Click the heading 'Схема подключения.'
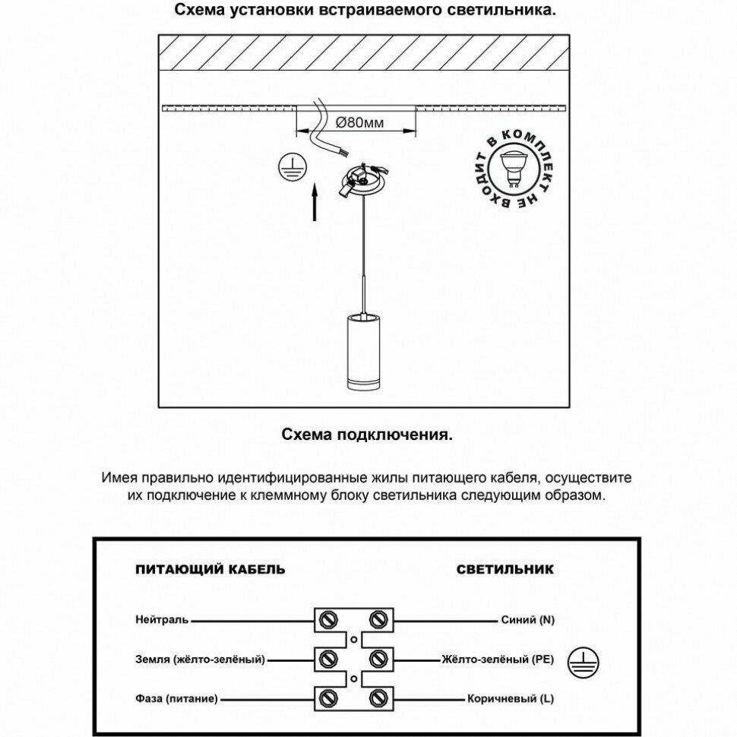pos(368,435)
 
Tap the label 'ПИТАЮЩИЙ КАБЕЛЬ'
pos(210,569)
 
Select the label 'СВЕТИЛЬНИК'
pos(505,569)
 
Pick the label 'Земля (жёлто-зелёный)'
pos(201,659)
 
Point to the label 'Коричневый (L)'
pos(511,697)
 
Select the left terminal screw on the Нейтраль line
pos(329,618)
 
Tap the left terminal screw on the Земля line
pos(329,657)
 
